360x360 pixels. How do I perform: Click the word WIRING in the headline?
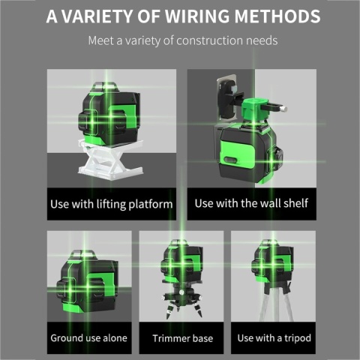[x=197, y=16]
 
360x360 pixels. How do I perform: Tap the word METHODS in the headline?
[x=277, y=16]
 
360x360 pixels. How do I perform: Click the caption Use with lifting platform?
[x=112, y=204]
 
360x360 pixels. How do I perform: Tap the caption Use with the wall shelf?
[x=251, y=203]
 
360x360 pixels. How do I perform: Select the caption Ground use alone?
[x=89, y=338]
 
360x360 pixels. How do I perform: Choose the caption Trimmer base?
[x=183, y=338]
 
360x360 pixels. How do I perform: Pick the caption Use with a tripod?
[x=274, y=338]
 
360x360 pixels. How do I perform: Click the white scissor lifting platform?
[x=111, y=159]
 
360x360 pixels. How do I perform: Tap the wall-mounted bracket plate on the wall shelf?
[x=226, y=100]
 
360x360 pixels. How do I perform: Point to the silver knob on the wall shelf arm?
[x=283, y=109]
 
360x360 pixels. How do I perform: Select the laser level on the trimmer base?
[x=182, y=261]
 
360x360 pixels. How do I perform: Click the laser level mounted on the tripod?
[x=272, y=260]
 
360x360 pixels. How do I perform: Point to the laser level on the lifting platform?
[x=109, y=114]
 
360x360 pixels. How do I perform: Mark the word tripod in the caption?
[x=298, y=338]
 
